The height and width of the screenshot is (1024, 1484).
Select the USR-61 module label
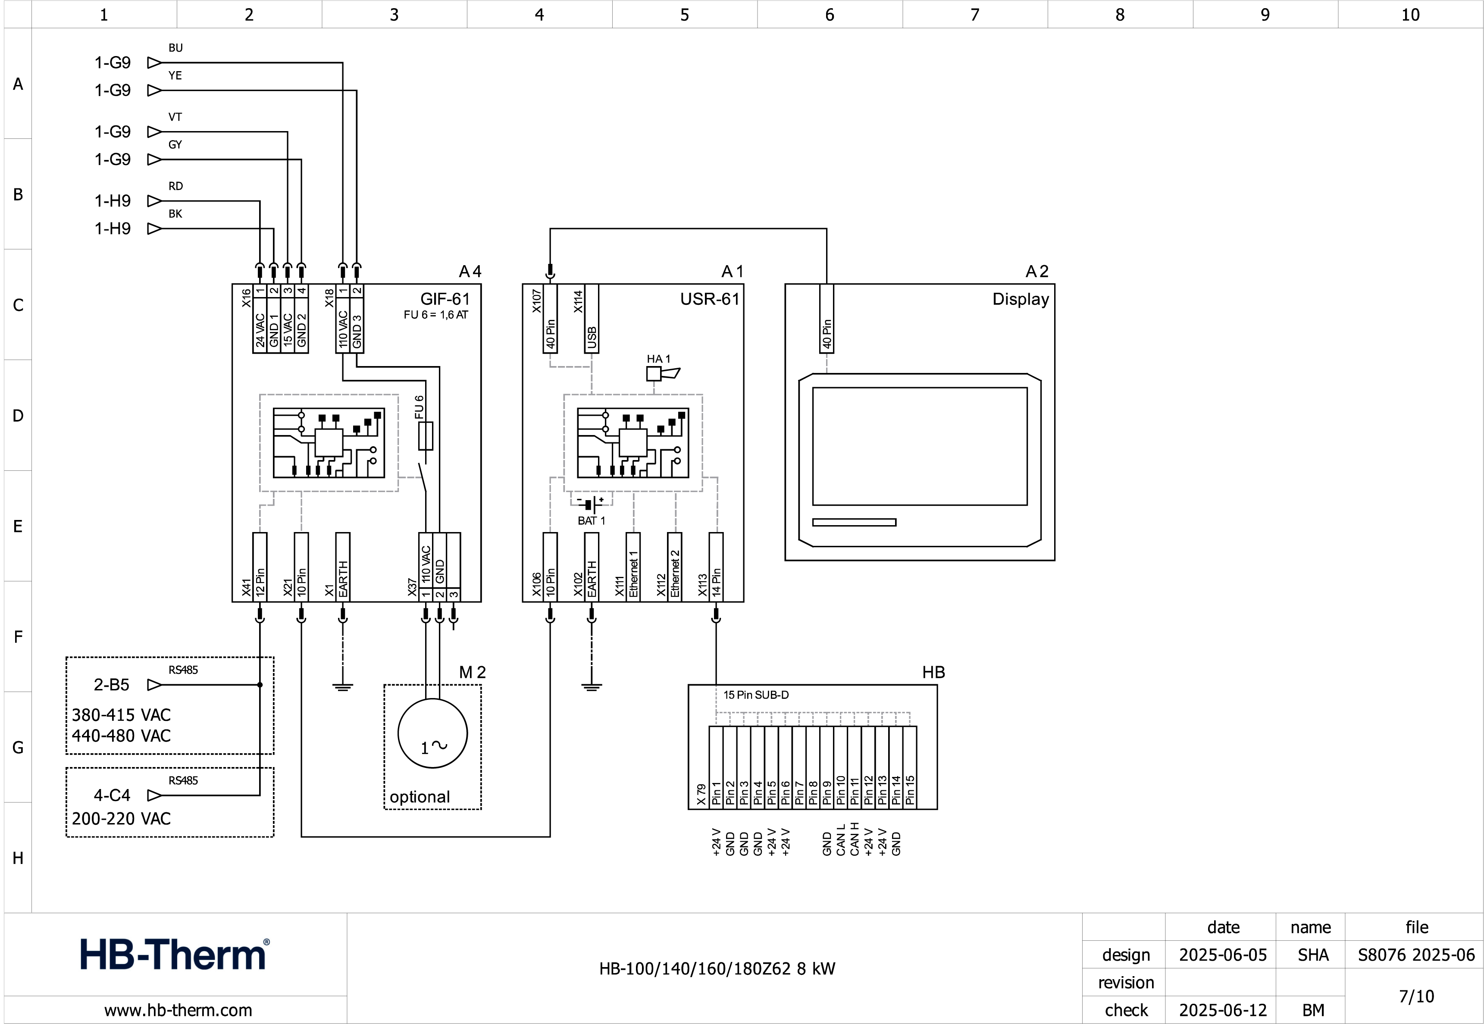coord(710,299)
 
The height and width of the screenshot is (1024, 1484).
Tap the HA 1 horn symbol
coord(661,373)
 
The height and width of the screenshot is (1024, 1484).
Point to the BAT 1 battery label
coord(591,521)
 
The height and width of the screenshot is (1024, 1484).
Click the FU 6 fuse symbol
coord(426,435)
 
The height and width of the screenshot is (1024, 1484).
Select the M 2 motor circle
coord(432,733)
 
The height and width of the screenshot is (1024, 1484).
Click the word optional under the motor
coord(420,797)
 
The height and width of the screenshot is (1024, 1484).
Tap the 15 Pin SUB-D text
coord(756,695)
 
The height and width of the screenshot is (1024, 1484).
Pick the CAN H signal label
coord(855,839)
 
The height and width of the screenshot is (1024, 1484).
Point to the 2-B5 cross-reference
coord(112,685)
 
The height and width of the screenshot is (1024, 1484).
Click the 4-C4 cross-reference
coord(112,795)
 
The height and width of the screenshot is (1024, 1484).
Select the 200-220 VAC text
coord(121,819)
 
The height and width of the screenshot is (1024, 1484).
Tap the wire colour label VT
coord(175,117)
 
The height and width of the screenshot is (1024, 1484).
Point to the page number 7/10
coord(1416,996)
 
